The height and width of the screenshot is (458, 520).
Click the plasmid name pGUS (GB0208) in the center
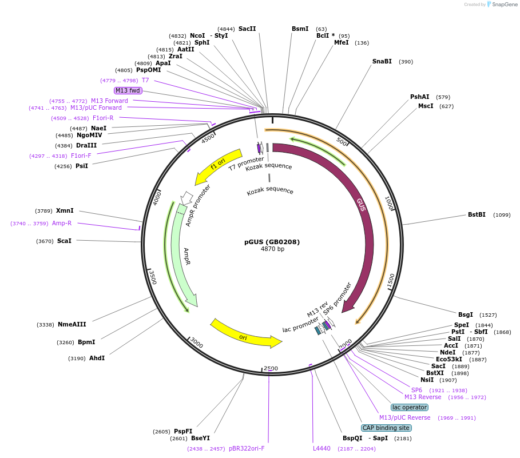click(x=272, y=242)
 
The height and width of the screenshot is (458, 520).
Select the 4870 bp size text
click(x=272, y=249)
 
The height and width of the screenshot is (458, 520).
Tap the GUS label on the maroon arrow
click(x=361, y=205)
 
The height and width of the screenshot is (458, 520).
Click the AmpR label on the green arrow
click(x=186, y=256)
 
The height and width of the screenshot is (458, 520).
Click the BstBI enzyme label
click(x=477, y=215)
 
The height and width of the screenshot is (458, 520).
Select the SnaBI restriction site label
click(x=382, y=62)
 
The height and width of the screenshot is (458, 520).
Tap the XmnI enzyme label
click(x=64, y=211)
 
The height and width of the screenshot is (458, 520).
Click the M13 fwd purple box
click(x=128, y=90)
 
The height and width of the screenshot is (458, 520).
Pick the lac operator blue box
click(x=410, y=407)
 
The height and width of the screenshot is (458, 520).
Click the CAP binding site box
click(x=386, y=428)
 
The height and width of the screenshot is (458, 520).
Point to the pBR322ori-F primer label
click(x=247, y=448)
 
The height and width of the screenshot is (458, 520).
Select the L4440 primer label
click(x=321, y=448)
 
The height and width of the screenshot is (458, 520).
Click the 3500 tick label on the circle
click(x=152, y=277)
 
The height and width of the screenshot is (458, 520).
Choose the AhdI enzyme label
click(x=97, y=358)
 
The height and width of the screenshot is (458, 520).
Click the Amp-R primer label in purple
click(x=62, y=224)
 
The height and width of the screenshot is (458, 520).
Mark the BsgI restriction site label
click(x=466, y=314)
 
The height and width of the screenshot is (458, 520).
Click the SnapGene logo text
click(x=505, y=5)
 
